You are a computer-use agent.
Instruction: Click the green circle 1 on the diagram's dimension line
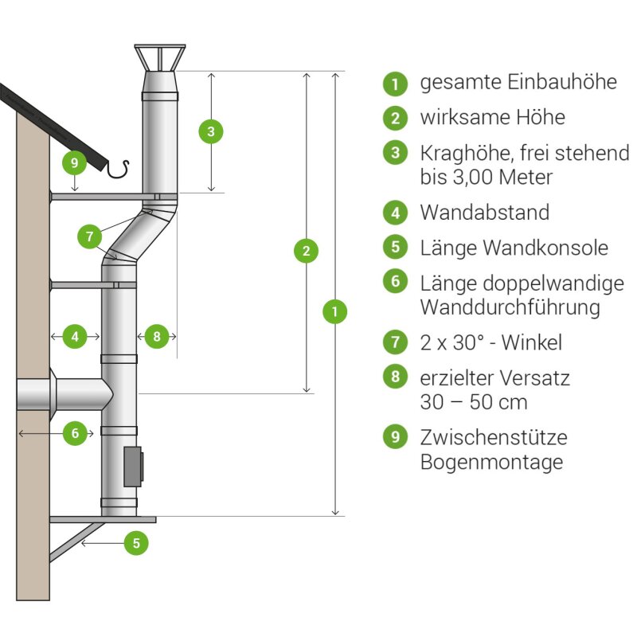[335, 311]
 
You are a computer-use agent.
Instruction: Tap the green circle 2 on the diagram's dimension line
[306, 251]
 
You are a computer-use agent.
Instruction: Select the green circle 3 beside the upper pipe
[211, 131]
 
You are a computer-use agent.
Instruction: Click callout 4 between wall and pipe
[75, 337]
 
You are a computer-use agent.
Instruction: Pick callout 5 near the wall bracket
[136, 543]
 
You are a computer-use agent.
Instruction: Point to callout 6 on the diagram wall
[75, 434]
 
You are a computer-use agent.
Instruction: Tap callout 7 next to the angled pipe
[90, 236]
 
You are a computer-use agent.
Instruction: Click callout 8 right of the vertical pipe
[156, 337]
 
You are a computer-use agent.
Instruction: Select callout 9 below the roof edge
[74, 164]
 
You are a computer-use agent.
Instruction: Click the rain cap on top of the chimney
[159, 58]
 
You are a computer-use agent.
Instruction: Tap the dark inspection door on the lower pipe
[133, 467]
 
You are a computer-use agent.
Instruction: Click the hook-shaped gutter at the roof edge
[119, 168]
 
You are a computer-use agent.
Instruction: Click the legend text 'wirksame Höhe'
[492, 118]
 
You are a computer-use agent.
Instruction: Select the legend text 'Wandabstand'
[484, 213]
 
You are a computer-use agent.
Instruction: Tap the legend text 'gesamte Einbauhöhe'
[518, 82]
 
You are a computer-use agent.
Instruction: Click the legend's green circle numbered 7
[395, 342]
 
